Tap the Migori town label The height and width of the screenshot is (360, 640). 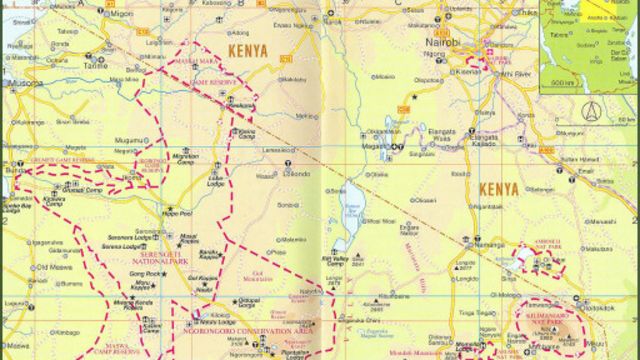coord(121,14)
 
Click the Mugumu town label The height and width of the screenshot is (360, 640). coord(130,140)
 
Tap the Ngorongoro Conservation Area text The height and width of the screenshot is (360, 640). coord(250,328)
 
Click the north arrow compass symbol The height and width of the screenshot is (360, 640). coord(588,109)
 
